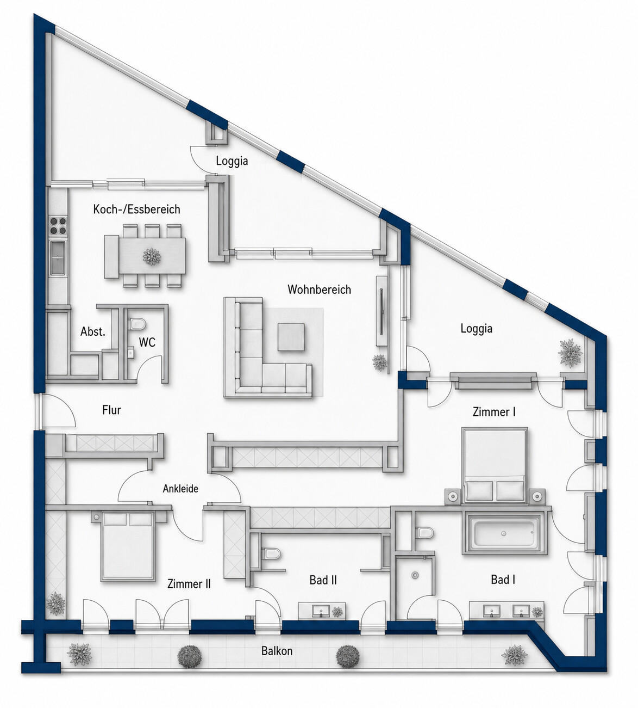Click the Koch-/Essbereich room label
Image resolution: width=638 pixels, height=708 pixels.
[136, 210]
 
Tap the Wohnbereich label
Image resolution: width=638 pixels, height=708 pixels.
[320, 290]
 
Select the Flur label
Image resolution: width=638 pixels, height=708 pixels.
[112, 410]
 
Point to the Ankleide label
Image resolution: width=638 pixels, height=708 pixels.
[180, 489]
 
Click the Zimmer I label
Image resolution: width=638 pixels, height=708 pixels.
[494, 412]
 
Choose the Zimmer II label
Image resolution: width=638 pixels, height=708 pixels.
[189, 584]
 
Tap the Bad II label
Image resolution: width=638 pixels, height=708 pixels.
[323, 580]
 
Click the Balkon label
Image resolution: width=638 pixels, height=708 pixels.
[277, 651]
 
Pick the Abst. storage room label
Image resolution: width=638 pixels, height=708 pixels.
[93, 331]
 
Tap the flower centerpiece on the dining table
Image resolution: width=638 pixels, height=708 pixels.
[152, 256]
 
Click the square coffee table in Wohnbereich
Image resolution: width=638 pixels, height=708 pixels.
[291, 337]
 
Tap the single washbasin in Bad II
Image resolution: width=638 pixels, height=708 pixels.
[321, 611]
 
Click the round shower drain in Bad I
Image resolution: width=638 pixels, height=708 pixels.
[415, 575]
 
